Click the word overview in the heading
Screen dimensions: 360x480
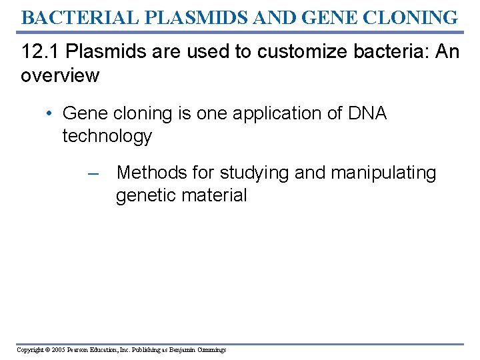pyautogui.click(x=60, y=75)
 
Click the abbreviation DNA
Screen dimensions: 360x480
pyautogui.click(x=367, y=114)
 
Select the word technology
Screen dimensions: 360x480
pyautogui.click(x=107, y=137)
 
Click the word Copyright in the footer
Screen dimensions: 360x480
pyautogui.click(x=31, y=350)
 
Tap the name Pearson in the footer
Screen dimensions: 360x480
pyautogui.click(x=83, y=350)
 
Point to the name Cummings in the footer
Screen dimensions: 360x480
pyautogui.click(x=212, y=350)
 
